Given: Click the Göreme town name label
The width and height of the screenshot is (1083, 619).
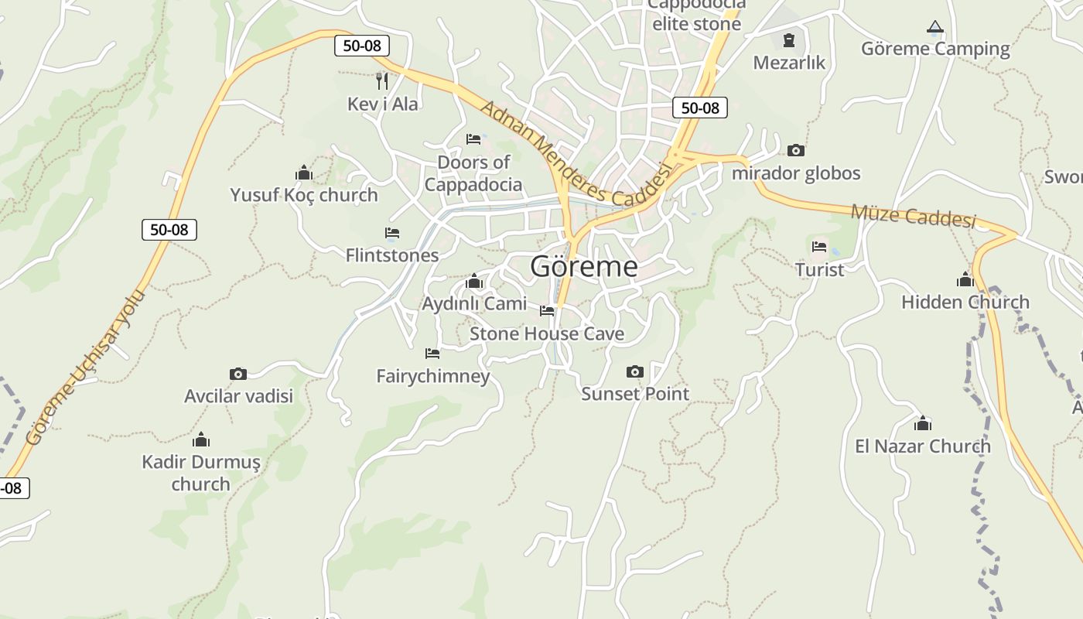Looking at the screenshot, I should tap(584, 266).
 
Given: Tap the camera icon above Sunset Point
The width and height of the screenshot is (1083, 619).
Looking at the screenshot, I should tap(634, 372).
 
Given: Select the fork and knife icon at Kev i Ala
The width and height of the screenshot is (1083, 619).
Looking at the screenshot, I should tap(381, 80).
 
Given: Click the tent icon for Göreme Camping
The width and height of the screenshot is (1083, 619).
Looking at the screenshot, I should tap(935, 28).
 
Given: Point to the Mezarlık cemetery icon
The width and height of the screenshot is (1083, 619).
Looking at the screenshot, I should tap(789, 39).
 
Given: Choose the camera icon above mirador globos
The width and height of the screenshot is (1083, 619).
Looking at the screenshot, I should tap(795, 150).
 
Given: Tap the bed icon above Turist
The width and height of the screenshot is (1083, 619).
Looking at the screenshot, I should tap(819, 248).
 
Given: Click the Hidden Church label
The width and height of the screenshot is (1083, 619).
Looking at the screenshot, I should tap(965, 302).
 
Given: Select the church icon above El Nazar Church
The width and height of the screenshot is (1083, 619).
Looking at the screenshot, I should tap(922, 424).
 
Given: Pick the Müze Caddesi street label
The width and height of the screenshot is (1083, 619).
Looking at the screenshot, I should tap(913, 216).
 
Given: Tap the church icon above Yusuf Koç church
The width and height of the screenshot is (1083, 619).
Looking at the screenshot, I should tap(303, 173).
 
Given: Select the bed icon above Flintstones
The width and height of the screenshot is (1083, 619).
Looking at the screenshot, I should tap(392, 233).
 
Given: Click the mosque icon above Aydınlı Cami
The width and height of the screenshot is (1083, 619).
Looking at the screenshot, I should tap(474, 281).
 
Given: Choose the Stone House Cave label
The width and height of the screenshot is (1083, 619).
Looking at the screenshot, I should tap(547, 334).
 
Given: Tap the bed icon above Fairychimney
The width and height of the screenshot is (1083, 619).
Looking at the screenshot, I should tap(432, 354).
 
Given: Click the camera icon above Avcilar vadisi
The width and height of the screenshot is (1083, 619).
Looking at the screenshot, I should tap(238, 374).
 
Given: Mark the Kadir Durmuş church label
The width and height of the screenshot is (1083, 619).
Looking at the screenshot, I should tap(201, 473).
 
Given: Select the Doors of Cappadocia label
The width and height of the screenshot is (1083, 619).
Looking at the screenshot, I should tap(473, 173).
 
